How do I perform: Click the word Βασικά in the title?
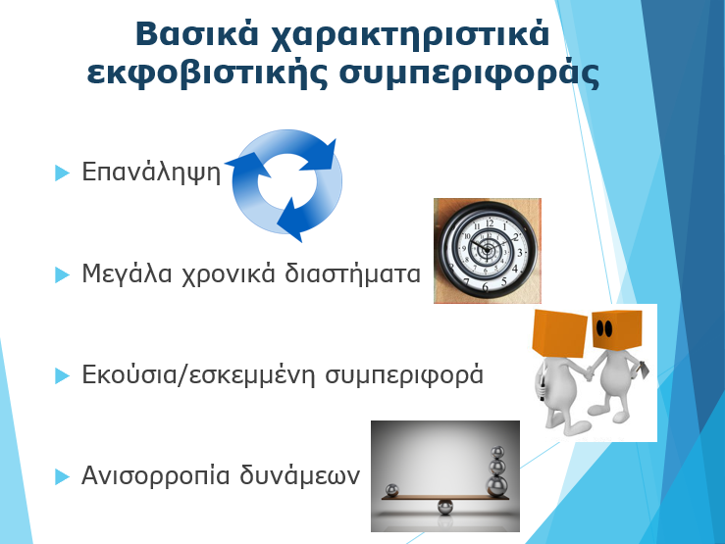coord(196,33)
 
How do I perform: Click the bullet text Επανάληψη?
coord(152,173)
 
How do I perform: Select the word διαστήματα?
coord(352,272)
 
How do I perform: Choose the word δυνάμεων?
coord(299,475)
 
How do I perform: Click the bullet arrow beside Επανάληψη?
coord(62,173)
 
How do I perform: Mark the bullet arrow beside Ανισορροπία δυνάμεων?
coord(62,476)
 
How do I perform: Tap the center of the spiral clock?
coord(487,250)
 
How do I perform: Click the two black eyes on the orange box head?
coord(604,328)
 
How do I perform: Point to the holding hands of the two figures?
coord(589,372)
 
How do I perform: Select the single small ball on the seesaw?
coord(391,490)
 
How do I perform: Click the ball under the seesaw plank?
coord(445,507)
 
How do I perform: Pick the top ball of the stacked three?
coord(497,453)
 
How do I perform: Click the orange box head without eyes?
coord(559,333)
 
